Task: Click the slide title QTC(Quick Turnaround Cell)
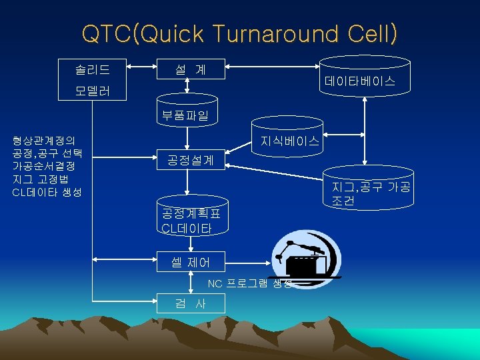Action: tap(239, 34)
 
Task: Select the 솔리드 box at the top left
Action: tap(94, 68)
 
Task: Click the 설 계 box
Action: tap(190, 68)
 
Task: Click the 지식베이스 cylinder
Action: tap(289, 140)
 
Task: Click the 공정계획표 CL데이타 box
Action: tap(190, 219)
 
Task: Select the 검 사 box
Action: tap(190, 303)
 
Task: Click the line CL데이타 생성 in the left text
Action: tap(47, 192)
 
